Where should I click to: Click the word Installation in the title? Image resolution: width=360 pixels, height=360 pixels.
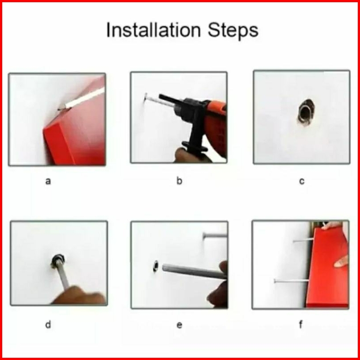(x=154, y=30)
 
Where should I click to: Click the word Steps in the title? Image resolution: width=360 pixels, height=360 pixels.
(x=233, y=31)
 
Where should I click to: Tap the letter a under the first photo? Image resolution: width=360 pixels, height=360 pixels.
(x=48, y=181)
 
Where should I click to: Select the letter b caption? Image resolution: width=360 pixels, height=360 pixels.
(x=179, y=181)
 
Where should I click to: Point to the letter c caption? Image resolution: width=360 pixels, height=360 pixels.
(x=302, y=181)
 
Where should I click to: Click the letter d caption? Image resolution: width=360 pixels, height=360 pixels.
(x=48, y=324)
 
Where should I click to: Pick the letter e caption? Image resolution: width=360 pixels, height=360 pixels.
(x=179, y=325)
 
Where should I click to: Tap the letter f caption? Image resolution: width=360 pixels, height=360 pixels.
(x=301, y=324)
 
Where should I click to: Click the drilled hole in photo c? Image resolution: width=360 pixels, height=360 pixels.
(x=306, y=112)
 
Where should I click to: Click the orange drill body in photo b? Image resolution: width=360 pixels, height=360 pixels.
(x=215, y=124)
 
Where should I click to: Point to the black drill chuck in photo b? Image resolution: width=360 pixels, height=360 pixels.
(x=181, y=106)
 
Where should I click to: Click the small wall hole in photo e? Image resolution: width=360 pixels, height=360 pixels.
(x=156, y=266)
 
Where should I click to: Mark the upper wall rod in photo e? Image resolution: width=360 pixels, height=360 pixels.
(x=215, y=235)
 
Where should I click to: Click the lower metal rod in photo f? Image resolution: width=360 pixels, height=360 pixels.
(x=291, y=281)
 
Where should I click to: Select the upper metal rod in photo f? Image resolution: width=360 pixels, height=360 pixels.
(x=303, y=240)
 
